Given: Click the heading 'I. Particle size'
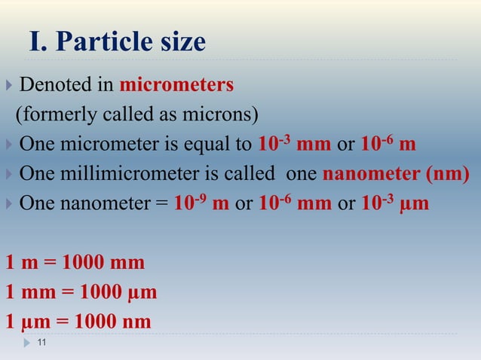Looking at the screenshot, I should coord(117,41).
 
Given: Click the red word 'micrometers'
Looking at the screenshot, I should coord(176,84).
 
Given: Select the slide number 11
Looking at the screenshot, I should coord(41,343).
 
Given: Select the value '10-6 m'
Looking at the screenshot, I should coord(388,143).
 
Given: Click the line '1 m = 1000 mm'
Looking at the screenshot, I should coord(75,264).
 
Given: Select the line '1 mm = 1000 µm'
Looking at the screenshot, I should coord(81,293).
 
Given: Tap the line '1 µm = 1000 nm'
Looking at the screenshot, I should coord(78,322).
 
